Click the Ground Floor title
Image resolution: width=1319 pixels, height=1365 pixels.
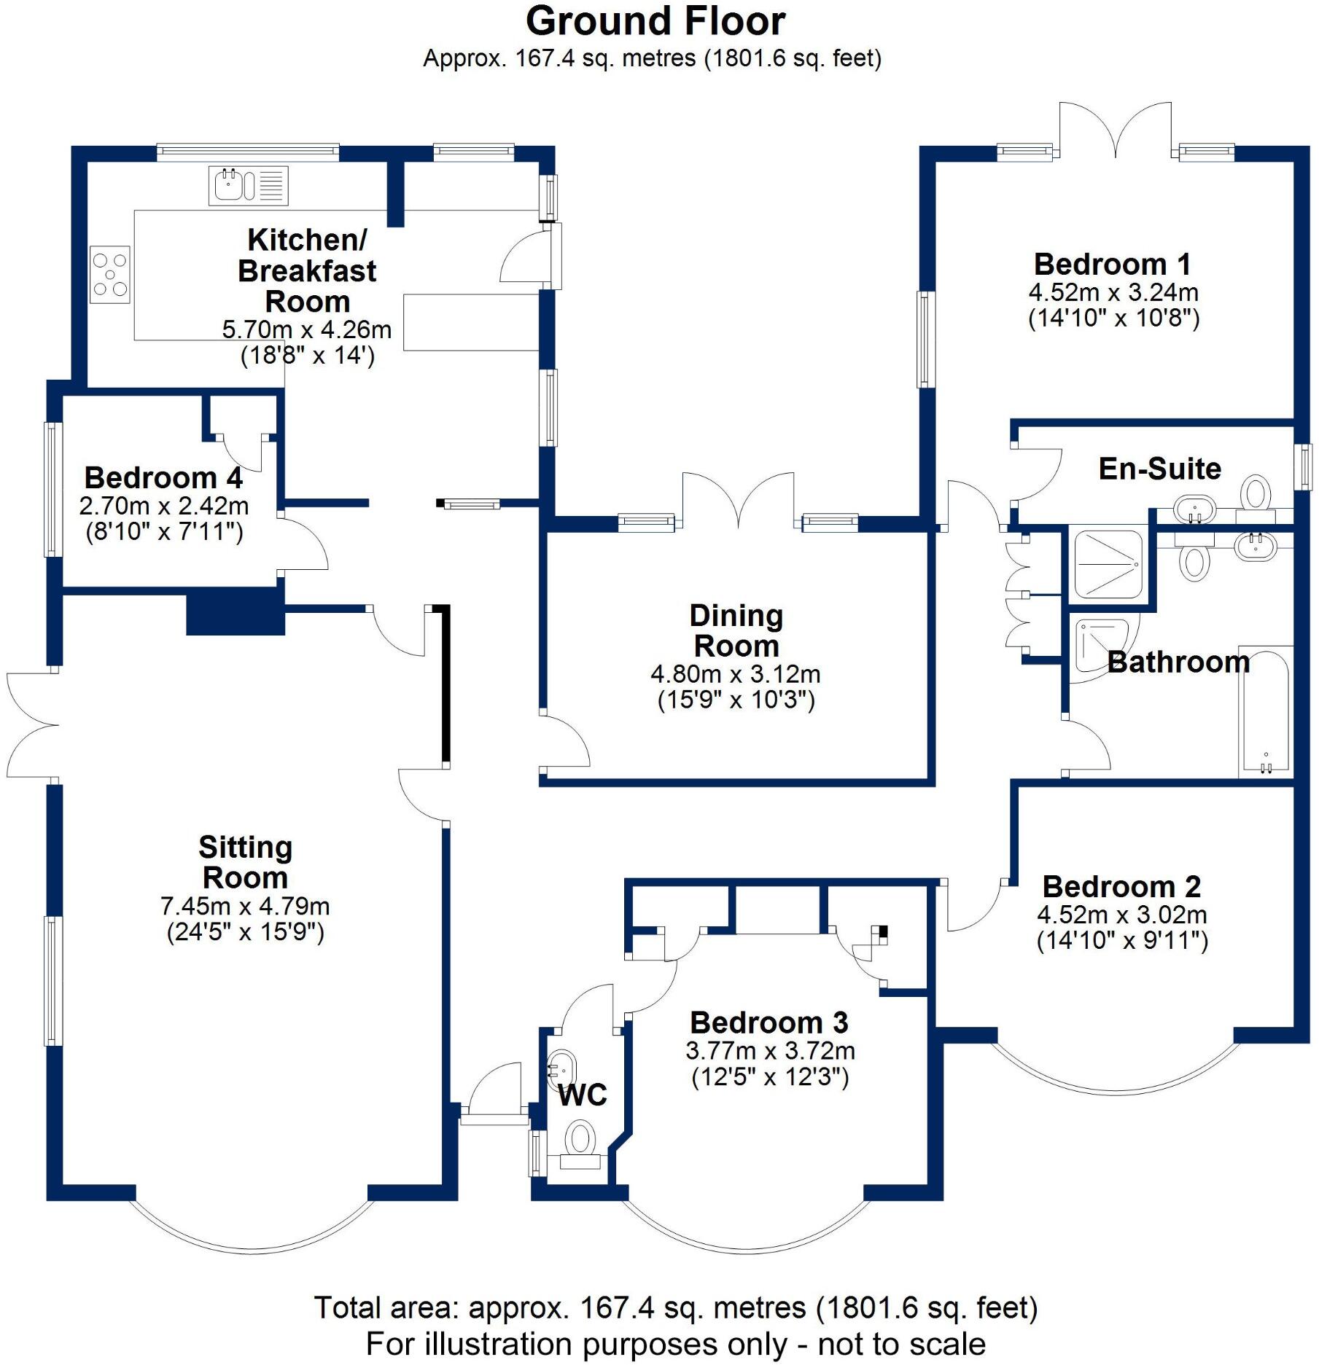(x=655, y=22)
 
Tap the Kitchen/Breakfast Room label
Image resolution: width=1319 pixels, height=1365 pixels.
(x=307, y=270)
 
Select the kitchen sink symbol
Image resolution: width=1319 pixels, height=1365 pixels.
(x=248, y=185)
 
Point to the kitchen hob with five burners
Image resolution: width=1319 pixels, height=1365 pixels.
(x=109, y=274)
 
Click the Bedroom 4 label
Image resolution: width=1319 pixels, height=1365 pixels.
(x=163, y=478)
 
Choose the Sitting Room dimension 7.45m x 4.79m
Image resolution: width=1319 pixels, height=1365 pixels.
(x=245, y=907)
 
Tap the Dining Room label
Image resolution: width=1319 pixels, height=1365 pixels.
(x=736, y=630)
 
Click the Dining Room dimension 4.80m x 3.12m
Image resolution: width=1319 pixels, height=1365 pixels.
(x=736, y=674)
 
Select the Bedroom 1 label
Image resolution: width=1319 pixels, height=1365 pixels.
(x=1113, y=264)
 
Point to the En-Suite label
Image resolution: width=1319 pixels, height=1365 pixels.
(x=1159, y=469)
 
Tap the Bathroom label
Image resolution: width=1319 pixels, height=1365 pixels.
(x=1178, y=662)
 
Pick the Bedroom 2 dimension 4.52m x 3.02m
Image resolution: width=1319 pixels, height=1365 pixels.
(x=1121, y=915)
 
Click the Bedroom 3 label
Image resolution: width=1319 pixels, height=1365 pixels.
(x=769, y=1022)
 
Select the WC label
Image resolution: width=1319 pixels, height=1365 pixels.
(x=582, y=1095)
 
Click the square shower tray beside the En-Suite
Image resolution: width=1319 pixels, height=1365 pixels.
(x=1108, y=565)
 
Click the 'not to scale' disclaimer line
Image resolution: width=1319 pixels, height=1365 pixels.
(x=675, y=1343)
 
